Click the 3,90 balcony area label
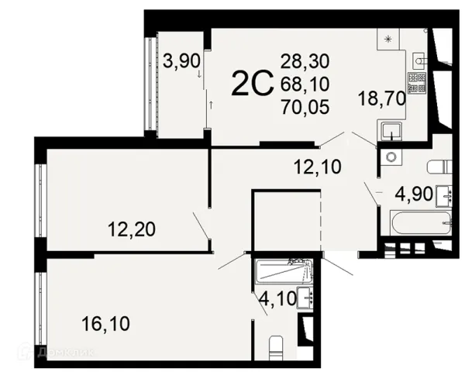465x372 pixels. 182,62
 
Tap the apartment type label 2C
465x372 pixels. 253,84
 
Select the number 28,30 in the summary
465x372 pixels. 305,62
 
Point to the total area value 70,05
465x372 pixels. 305,107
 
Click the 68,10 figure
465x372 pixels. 305,84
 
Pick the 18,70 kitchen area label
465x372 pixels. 382,98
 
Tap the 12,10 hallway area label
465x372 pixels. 318,167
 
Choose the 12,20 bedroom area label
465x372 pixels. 132,229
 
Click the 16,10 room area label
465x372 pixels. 106,324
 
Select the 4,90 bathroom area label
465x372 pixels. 414,195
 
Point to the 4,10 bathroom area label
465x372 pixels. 277,298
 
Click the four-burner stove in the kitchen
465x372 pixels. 417,82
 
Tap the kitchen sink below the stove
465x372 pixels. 390,131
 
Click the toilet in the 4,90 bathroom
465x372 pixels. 439,167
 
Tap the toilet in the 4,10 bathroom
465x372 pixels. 277,348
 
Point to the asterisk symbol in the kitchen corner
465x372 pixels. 388,39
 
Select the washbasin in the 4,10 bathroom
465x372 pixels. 305,298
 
